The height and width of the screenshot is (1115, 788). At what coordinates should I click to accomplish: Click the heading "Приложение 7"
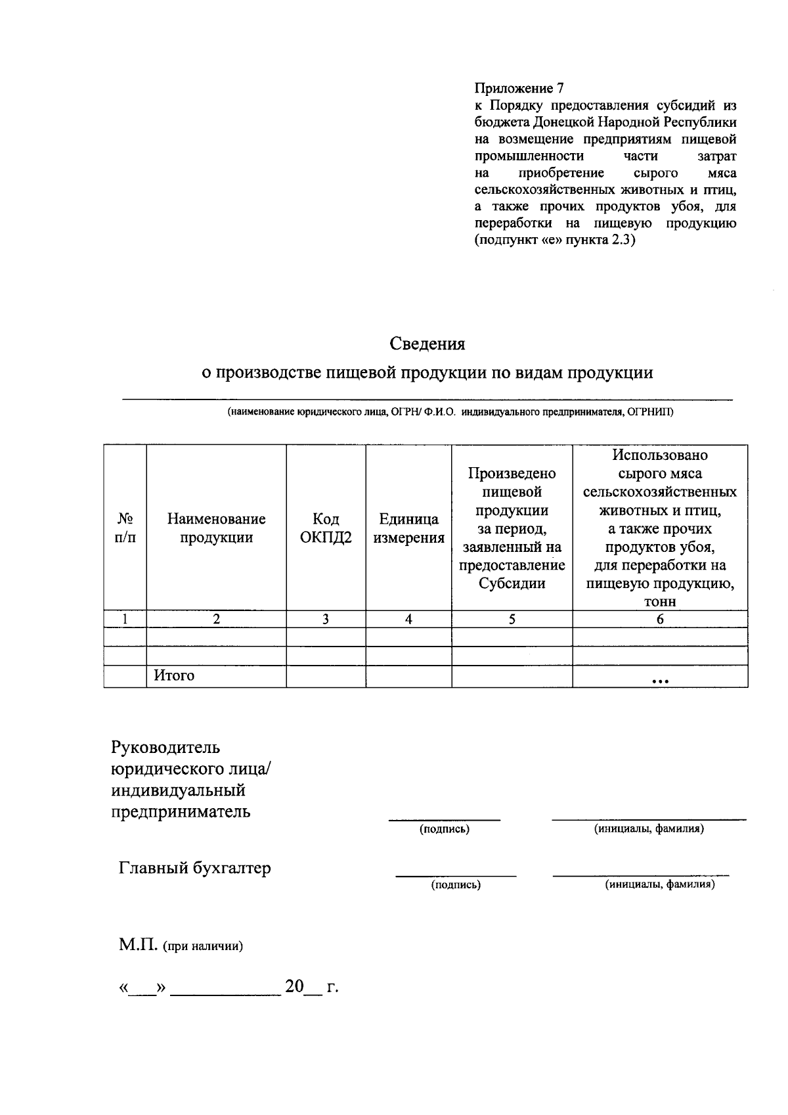pos(519,88)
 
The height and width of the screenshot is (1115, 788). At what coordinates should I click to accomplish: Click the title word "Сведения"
pos(427,343)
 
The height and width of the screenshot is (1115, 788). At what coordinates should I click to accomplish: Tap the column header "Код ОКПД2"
pos(326,528)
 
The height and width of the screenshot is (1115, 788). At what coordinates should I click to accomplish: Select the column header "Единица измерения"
pos(408,528)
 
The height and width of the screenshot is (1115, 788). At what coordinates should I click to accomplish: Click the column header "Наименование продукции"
pos(216,528)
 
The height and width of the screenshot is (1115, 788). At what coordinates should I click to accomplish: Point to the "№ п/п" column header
pos(125,528)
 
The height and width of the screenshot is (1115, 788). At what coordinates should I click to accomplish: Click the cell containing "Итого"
pos(174,675)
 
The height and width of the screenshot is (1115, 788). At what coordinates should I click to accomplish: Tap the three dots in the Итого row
pos(659,681)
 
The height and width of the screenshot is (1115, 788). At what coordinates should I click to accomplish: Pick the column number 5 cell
pos(512,619)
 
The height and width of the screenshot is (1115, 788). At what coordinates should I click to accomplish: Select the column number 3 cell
pos(325,619)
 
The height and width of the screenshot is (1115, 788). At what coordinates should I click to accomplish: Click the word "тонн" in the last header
pos(660,602)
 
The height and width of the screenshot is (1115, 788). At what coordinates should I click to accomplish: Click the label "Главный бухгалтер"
pos(194,868)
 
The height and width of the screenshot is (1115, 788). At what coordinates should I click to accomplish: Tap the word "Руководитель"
pos(165,748)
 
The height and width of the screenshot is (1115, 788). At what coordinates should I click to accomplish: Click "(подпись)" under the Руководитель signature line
pos(445,829)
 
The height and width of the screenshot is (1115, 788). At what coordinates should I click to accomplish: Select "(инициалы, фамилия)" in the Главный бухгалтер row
pos(659,884)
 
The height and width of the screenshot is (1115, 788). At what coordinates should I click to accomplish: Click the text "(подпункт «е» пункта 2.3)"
pos(555,240)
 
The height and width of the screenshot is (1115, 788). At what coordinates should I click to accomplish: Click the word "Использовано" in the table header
pos(660,455)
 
